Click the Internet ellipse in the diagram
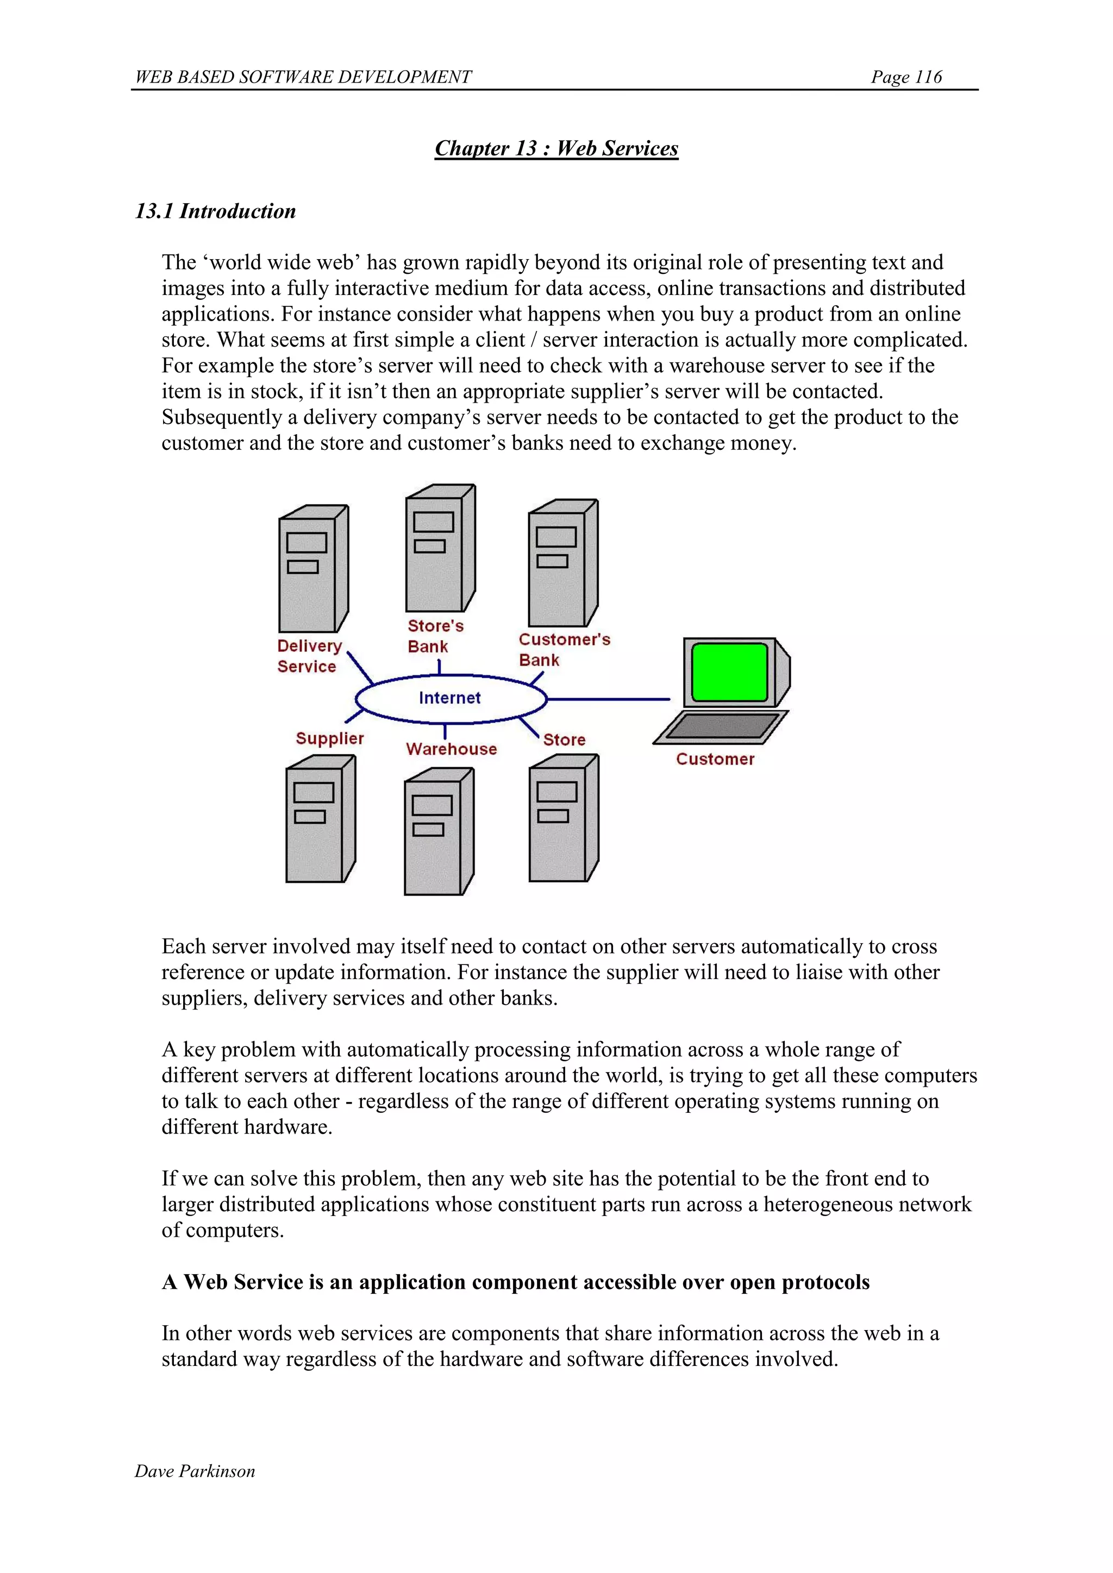451,698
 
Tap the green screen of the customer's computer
729,672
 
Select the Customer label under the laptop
715,759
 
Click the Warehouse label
451,749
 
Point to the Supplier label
330,738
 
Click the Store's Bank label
435,636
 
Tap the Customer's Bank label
564,649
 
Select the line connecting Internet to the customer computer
609,699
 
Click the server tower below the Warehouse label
439,832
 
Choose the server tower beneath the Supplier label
320,819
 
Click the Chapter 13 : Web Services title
556,149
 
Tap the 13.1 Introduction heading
215,211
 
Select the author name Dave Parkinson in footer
195,1471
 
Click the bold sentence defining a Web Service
515,1282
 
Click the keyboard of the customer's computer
721,726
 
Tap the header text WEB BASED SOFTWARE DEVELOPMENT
303,77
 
